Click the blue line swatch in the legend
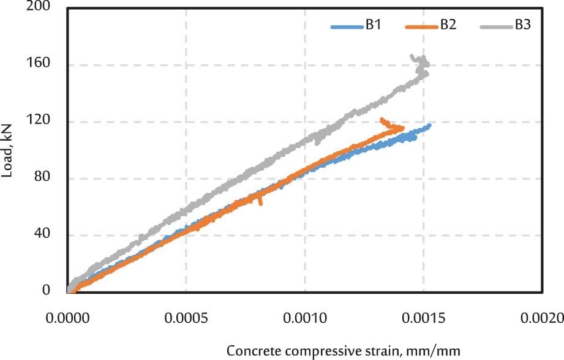[347, 26]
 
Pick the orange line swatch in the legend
[421, 26]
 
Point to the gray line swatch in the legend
[495, 26]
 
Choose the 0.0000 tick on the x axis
[68, 318]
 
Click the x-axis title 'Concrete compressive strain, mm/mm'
[343, 351]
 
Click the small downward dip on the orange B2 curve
[261, 202]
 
